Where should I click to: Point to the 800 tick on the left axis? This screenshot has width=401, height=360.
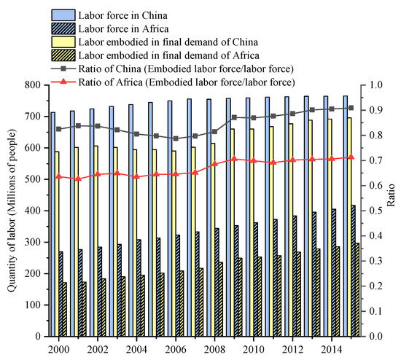coord(34,85)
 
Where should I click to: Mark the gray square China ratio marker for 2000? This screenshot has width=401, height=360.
coord(58,129)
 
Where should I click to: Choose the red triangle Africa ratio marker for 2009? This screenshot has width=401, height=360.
coord(234,159)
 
